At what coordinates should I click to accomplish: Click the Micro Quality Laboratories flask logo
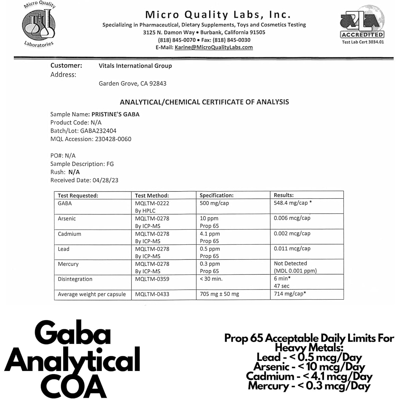[39, 24]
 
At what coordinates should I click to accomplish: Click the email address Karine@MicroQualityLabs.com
[214, 47]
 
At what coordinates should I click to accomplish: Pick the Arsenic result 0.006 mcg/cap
[292, 218]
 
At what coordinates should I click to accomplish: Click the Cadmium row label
[69, 234]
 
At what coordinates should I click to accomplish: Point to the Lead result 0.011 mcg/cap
[292, 248]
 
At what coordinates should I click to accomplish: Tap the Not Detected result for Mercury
[290, 263]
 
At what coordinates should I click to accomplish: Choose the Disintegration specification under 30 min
[211, 279]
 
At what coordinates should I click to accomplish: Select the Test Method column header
[152, 196]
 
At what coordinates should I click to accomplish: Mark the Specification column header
[217, 195]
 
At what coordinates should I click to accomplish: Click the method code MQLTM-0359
[152, 279]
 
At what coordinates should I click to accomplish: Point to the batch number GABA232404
[98, 131]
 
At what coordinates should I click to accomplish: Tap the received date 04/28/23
[105, 180]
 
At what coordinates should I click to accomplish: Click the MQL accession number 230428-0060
[113, 139]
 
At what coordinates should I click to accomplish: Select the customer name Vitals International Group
[135, 66]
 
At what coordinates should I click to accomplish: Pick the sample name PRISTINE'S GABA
[115, 114]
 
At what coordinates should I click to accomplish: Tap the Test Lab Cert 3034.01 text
[363, 42]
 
